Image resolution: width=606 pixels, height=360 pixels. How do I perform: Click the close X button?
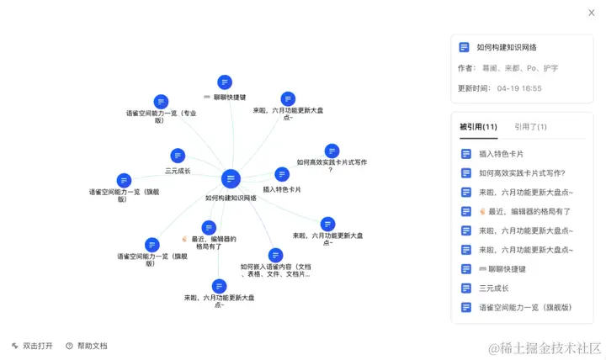pos(591,12)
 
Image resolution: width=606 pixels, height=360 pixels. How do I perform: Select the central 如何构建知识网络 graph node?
pos(231,178)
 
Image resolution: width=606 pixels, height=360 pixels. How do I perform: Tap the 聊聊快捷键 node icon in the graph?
pos(224,82)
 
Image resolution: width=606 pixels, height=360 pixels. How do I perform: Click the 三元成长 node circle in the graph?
pos(178,156)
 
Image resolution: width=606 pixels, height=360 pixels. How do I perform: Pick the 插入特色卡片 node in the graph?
pos(282,174)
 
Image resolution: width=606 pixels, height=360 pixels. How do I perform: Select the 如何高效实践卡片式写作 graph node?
pos(332,151)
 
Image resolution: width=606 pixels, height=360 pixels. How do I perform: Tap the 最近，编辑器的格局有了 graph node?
pos(210,227)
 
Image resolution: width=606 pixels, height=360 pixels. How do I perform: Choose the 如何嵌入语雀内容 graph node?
pos(275,255)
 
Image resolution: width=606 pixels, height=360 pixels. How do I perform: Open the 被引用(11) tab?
pos(477,127)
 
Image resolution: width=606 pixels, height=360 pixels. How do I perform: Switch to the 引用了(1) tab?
pos(530,127)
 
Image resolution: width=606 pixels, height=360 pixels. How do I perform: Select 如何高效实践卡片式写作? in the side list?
pos(521,173)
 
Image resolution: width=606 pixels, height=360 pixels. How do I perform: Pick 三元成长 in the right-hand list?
pos(495,288)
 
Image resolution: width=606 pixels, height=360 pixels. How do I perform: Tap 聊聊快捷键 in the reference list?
pos(502,269)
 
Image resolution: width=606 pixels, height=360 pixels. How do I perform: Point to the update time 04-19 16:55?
pos(519,88)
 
